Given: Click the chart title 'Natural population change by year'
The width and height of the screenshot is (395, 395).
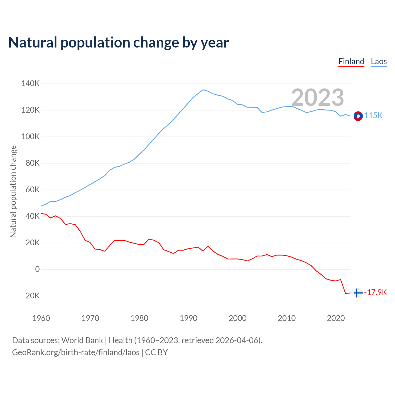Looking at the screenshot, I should tap(118, 43).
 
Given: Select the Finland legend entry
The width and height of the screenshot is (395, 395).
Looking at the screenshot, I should tap(351, 61).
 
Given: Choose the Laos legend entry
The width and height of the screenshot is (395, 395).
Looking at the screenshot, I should tap(379, 61).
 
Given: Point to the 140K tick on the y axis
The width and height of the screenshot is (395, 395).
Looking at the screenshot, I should tap(30, 84).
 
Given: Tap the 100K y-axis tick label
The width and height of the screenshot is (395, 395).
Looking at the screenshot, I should tap(30, 137).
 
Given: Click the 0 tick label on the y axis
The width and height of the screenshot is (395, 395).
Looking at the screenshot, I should tap(37, 269).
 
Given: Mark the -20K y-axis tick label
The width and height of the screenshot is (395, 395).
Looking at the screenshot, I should tap(31, 296).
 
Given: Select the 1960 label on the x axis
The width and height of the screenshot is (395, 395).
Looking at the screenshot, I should tap(41, 318).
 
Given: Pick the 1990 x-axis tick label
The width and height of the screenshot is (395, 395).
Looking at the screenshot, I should tap(189, 318).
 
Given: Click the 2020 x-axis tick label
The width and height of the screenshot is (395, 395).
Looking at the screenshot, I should tap(336, 318).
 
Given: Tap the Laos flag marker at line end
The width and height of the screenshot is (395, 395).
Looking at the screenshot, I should tap(358, 116).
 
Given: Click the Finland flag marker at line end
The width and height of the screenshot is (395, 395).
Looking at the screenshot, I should tap(358, 293).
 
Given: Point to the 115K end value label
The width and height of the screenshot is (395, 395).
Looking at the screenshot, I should tap(373, 116).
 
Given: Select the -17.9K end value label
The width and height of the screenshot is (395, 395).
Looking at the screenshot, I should tap(376, 293).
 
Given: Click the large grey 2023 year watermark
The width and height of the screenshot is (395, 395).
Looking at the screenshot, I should tap(318, 98).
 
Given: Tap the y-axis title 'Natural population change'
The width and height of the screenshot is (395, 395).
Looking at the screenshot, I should tap(13, 192).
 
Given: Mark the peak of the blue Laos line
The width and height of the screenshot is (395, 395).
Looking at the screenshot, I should tap(203, 90).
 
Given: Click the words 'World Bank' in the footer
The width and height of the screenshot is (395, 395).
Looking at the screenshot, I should tap(82, 340).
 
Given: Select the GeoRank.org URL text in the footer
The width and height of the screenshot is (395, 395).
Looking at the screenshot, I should tap(76, 352).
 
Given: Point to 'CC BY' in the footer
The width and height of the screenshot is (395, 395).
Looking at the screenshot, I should tap(156, 352).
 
